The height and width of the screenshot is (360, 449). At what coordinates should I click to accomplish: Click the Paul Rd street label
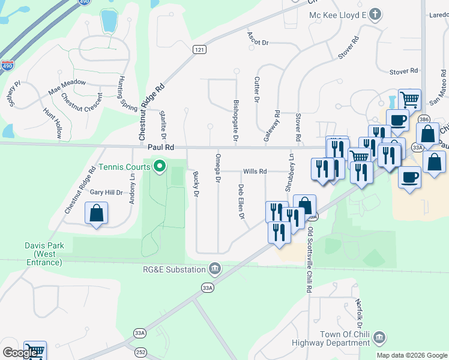[x=161, y=146]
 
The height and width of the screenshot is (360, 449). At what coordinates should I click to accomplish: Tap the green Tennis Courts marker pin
[x=159, y=166]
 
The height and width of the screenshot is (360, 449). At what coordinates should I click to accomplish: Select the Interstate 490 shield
[x=7, y=65]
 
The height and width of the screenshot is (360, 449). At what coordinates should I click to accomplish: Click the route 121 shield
[x=200, y=49]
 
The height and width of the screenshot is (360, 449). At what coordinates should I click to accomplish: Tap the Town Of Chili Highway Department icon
[x=379, y=338]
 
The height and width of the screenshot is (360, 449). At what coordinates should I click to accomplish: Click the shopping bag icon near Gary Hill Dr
[x=96, y=213]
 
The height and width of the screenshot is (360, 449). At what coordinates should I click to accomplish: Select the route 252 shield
[x=140, y=352]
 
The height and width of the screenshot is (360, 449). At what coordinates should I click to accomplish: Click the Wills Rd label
[x=255, y=172]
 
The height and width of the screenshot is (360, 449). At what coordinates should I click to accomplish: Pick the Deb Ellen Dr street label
[x=241, y=201]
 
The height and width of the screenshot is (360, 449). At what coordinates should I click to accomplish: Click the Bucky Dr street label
[x=196, y=184]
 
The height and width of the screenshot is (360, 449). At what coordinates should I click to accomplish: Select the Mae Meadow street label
[x=67, y=88]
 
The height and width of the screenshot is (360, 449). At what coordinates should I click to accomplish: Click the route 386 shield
[x=424, y=119]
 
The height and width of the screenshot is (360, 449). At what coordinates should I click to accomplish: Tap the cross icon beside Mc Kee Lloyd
[x=375, y=14]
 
